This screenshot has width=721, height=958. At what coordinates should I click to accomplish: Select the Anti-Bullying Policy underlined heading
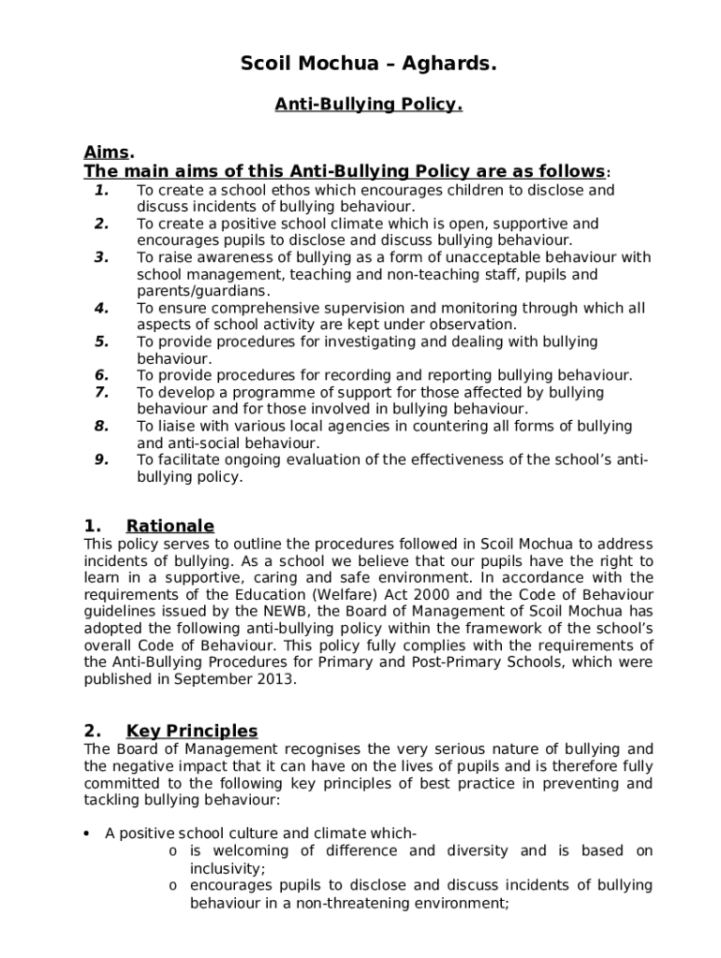click(368, 106)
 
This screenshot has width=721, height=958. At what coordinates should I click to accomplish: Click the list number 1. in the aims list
click(102, 191)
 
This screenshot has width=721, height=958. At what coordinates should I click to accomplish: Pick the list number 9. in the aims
click(102, 459)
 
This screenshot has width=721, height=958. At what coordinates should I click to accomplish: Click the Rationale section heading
click(169, 526)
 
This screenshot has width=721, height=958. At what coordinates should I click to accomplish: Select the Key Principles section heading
click(192, 731)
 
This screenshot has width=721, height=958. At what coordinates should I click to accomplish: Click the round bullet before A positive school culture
click(86, 834)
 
